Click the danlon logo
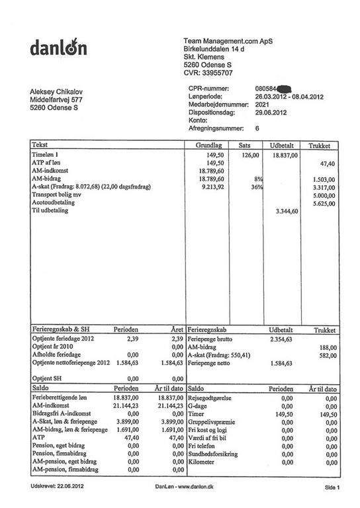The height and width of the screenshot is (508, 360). click(x=58, y=47)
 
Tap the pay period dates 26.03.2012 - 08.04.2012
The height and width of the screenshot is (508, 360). click(x=289, y=96)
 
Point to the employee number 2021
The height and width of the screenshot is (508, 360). click(x=262, y=105)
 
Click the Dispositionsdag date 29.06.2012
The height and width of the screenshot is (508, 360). click(x=271, y=112)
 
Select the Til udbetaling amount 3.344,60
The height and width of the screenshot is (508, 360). click(x=286, y=211)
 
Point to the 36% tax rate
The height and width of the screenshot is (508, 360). click(x=257, y=187)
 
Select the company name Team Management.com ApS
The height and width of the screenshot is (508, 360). click(x=228, y=41)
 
